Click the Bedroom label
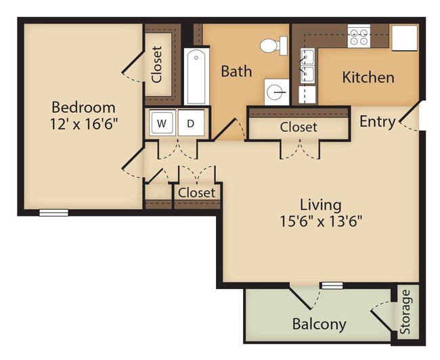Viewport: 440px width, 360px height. tap(83, 107)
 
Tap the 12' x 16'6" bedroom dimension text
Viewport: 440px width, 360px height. tap(83, 124)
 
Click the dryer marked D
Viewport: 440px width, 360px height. tap(191, 123)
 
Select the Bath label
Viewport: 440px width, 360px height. tap(236, 70)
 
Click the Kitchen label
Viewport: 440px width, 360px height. tap(368, 77)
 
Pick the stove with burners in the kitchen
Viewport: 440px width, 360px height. tap(357, 36)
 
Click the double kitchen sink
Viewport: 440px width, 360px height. tap(308, 65)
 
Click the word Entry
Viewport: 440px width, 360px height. tap(377, 122)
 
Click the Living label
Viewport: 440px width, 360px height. tap(321, 204)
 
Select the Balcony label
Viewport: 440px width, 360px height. tap(319, 324)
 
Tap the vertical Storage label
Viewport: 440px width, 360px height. tap(405, 312)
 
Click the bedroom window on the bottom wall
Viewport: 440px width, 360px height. tap(53, 212)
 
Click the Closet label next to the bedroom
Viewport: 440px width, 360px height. tap(157, 64)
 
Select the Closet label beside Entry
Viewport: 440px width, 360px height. tap(298, 127)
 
